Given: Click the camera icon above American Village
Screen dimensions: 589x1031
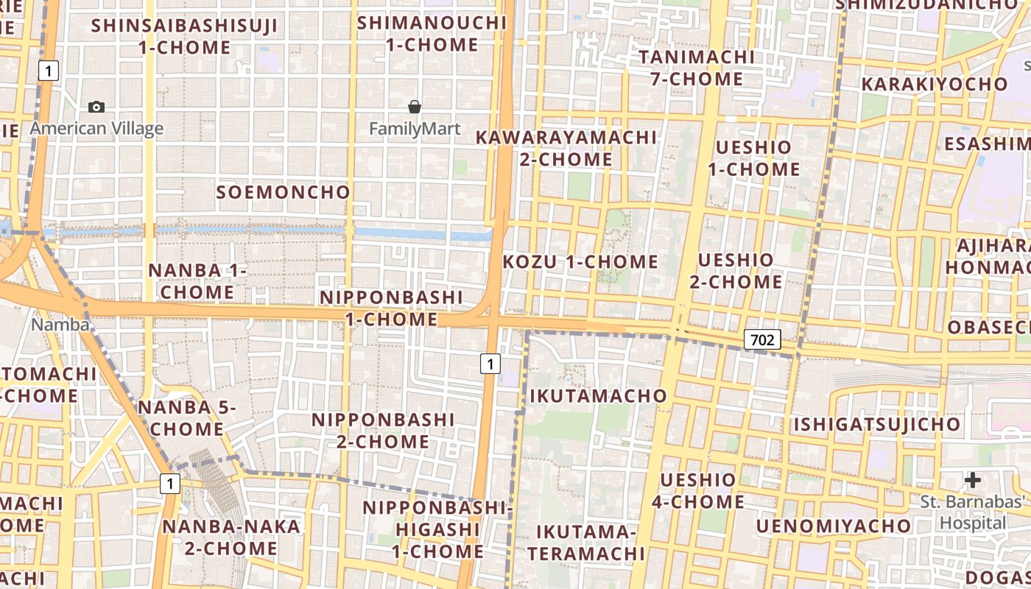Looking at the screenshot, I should pyautogui.click(x=96, y=107).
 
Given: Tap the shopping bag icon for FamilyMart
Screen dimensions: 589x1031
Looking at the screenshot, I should pyautogui.click(x=415, y=107).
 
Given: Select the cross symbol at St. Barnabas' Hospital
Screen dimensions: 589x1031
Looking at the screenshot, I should pyautogui.click(x=973, y=481).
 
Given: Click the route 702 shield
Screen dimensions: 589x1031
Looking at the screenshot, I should pyautogui.click(x=762, y=339).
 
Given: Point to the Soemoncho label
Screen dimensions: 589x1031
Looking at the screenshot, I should pyautogui.click(x=284, y=193).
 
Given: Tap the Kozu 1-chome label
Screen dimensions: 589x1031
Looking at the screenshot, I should pyautogui.click(x=580, y=262).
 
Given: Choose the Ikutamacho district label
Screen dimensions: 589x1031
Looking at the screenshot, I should pyautogui.click(x=599, y=396).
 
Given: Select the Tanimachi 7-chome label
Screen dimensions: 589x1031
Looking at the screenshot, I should pyautogui.click(x=697, y=68).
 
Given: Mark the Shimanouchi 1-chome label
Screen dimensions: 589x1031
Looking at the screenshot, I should pyautogui.click(x=432, y=34).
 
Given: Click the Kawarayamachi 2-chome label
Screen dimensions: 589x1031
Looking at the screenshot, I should pyautogui.click(x=566, y=148).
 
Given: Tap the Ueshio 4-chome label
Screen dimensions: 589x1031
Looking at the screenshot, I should pyautogui.click(x=697, y=491).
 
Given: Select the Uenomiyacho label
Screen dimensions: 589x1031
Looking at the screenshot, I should pyautogui.click(x=834, y=526).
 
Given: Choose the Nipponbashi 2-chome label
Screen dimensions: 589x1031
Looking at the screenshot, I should pyautogui.click(x=383, y=431).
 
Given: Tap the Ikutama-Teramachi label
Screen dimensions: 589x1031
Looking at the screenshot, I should pyautogui.click(x=585, y=543).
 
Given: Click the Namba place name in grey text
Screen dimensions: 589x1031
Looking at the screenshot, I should pyautogui.click(x=60, y=324).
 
